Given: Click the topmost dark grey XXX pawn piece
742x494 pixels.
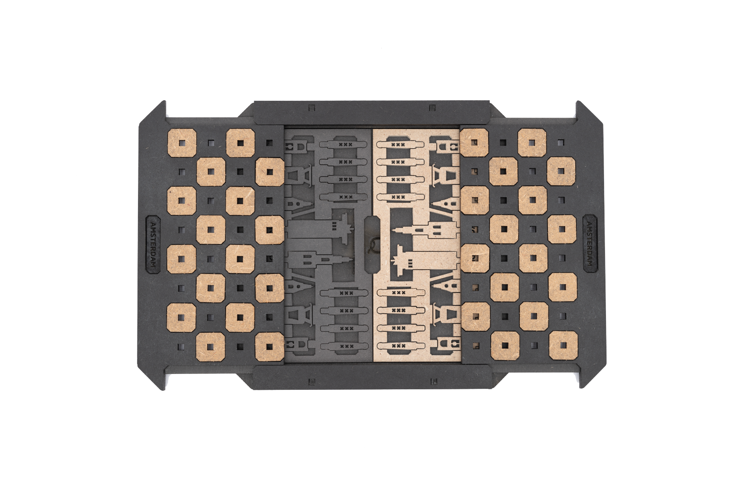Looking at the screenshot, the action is (x=343, y=145).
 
